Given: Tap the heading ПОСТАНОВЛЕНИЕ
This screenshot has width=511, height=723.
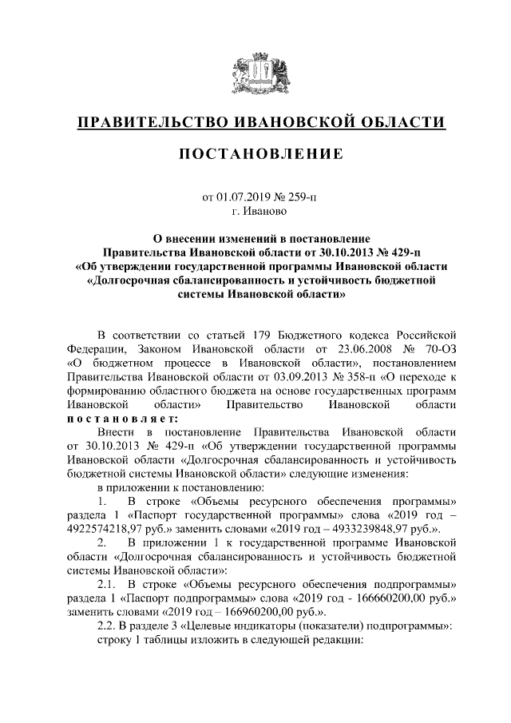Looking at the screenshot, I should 255,153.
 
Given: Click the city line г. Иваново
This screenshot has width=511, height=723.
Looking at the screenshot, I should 255,212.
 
